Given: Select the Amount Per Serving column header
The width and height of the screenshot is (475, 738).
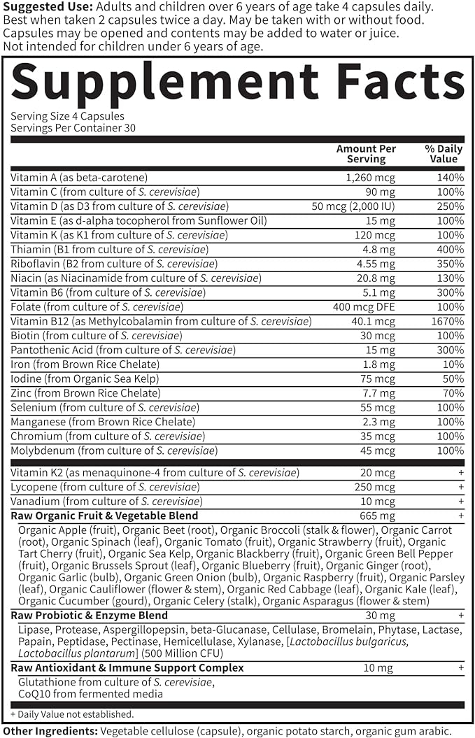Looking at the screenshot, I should (x=366, y=154).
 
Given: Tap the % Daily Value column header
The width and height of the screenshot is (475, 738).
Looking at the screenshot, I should (x=443, y=154).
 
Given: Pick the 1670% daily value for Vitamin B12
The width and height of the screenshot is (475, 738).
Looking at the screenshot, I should (x=448, y=321).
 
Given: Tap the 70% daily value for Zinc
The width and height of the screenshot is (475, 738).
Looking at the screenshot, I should (x=453, y=393).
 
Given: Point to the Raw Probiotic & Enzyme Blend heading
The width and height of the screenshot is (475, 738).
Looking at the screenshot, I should (x=89, y=616).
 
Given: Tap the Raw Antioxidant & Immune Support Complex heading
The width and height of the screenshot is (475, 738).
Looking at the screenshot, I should (x=127, y=668).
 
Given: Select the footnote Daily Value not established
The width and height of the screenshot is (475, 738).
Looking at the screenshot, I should (x=72, y=714).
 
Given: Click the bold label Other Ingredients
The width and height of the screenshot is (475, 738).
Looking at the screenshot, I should (x=49, y=730).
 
